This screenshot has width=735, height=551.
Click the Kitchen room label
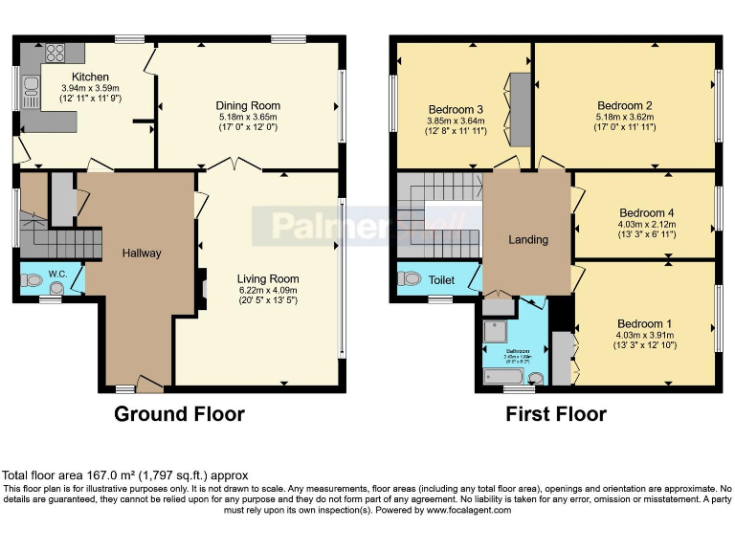click(x=90, y=77)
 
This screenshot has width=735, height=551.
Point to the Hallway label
click(x=142, y=253)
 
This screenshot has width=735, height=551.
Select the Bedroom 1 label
click(x=643, y=324)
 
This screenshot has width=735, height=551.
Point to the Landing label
click(x=527, y=239)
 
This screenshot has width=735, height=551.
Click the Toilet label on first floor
click(x=441, y=280)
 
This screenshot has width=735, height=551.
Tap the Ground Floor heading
click(x=179, y=414)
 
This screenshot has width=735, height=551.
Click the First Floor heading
click(x=556, y=414)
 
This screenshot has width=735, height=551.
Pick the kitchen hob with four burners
click(x=54, y=54)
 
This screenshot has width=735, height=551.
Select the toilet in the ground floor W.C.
click(x=33, y=281)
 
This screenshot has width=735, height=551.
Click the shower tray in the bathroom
click(x=498, y=329)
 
